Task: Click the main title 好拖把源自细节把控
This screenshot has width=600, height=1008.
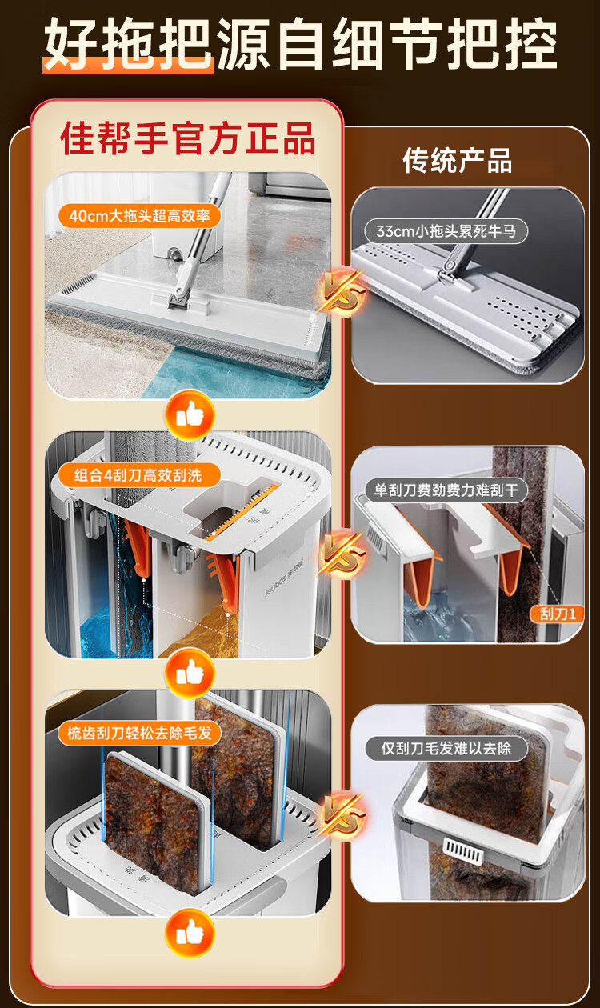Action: [x=300, y=44]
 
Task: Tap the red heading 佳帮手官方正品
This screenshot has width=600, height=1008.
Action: [x=188, y=138]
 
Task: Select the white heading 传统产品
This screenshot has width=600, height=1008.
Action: [x=458, y=160]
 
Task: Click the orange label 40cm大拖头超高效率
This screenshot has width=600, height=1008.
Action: [x=139, y=216]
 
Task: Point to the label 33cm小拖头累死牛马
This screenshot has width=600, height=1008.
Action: [x=446, y=231]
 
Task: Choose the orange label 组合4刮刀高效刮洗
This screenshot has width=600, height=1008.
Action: [x=138, y=475]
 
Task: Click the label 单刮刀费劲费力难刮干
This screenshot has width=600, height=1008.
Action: [x=446, y=490]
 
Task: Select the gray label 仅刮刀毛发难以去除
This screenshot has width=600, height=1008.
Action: [x=446, y=748]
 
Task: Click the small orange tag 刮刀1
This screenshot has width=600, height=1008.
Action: [x=557, y=614]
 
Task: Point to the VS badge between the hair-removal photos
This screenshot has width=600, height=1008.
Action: [x=341, y=813]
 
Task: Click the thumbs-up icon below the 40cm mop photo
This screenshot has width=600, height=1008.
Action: [x=190, y=414]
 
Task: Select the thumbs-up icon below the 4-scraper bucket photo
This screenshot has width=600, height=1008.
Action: [x=190, y=673]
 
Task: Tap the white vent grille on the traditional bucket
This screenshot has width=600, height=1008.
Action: [x=462, y=851]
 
